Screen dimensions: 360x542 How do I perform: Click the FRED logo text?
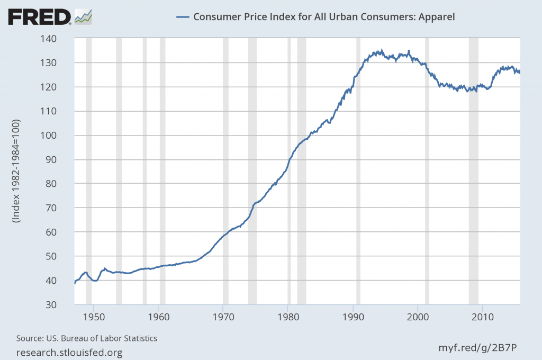(39, 17)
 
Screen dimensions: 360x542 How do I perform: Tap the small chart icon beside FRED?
(84, 17)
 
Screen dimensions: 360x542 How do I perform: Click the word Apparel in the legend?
(437, 16)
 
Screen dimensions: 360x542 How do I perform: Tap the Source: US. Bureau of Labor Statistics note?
(87, 338)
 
